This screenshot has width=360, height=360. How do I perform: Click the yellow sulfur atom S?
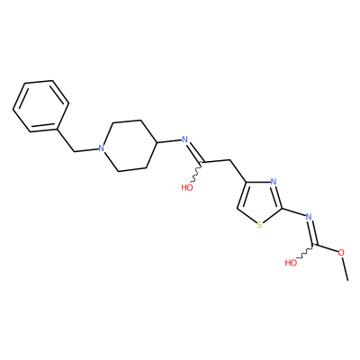tap(259, 225)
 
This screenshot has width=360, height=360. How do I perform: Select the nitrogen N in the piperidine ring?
tap(102, 148)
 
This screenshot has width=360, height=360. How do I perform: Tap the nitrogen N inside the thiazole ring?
tap(273, 182)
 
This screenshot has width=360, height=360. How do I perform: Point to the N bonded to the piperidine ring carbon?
tap(184, 139)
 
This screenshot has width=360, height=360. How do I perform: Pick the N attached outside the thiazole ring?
tap(309, 217)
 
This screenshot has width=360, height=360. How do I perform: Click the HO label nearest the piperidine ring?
tap(187, 188)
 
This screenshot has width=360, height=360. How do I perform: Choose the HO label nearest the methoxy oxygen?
tap(291, 263)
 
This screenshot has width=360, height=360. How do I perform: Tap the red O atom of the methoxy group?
tap(341, 253)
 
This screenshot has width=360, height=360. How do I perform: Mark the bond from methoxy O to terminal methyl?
tap(345, 268)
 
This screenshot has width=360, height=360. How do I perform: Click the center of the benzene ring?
tap(40, 106)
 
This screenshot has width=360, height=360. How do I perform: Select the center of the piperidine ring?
tap(130, 146)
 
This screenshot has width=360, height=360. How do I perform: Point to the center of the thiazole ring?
tap(260, 202)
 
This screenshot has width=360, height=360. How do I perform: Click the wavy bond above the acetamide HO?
tap(196, 172)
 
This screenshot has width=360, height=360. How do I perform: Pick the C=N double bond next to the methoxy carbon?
tap(312, 232)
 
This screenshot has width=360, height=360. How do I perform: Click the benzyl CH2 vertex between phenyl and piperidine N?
tap(74, 151)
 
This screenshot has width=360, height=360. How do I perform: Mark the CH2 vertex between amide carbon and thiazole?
tap(230, 159)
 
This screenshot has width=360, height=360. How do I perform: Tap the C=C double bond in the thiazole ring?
tap(242, 195)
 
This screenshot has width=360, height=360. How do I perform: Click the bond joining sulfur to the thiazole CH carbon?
tap(247, 216)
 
